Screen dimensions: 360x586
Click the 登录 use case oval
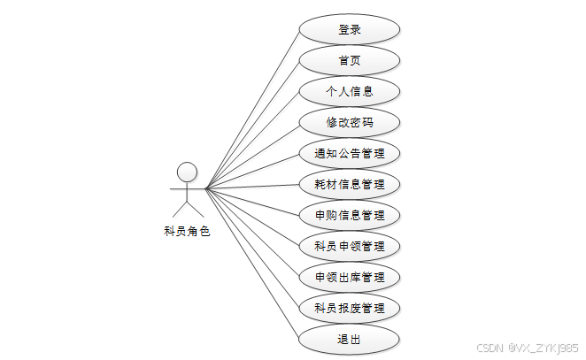click(x=350, y=29)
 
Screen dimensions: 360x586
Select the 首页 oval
click(x=350, y=60)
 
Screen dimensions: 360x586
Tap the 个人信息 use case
click(x=350, y=91)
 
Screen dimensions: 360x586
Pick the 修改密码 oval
click(x=350, y=122)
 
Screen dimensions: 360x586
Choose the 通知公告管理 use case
click(x=350, y=153)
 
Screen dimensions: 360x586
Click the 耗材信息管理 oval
click(x=350, y=184)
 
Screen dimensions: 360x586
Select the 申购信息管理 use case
click(x=350, y=215)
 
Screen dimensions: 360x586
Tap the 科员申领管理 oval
click(x=350, y=246)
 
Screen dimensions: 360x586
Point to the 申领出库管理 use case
click(x=350, y=277)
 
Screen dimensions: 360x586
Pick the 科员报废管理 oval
click(x=350, y=308)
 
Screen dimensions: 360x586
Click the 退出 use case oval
click(x=350, y=339)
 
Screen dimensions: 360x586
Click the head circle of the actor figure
click(x=187, y=171)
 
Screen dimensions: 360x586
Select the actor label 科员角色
click(x=187, y=232)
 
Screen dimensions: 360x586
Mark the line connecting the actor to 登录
click(x=252, y=108)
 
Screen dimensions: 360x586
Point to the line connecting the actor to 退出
click(x=252, y=264)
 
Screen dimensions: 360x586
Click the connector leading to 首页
click(x=252, y=124)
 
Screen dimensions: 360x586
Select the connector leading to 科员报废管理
click(x=252, y=248)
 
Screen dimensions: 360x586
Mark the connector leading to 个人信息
click(x=252, y=140)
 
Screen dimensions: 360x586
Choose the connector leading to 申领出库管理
click(x=252, y=233)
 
